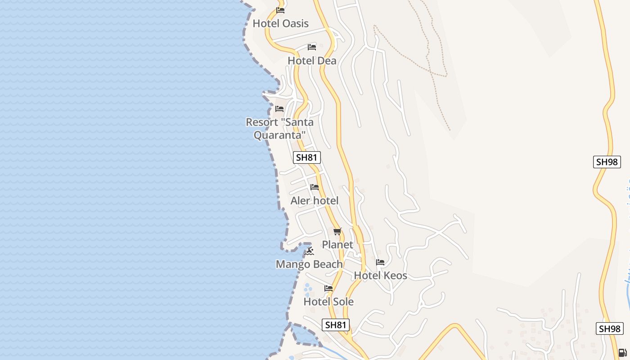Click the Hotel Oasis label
[281, 23]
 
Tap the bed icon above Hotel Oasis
[280, 10]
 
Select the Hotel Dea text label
[312, 61]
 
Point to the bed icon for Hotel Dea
[312, 47]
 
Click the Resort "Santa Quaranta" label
[279, 128]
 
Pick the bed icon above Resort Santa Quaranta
[279, 108]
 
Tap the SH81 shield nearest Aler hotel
[307, 157]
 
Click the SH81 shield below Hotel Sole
[336, 325]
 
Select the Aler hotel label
[315, 201]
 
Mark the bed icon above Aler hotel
[315, 187]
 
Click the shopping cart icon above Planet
[337, 231]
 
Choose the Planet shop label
[337, 245]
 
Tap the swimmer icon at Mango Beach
[309, 251]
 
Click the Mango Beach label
[309, 264]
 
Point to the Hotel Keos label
[380, 275]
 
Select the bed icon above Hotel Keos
[380, 262]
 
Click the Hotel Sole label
[328, 301]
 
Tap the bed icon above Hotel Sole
[328, 288]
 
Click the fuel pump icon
[622, 353]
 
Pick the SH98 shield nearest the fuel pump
[610, 328]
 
